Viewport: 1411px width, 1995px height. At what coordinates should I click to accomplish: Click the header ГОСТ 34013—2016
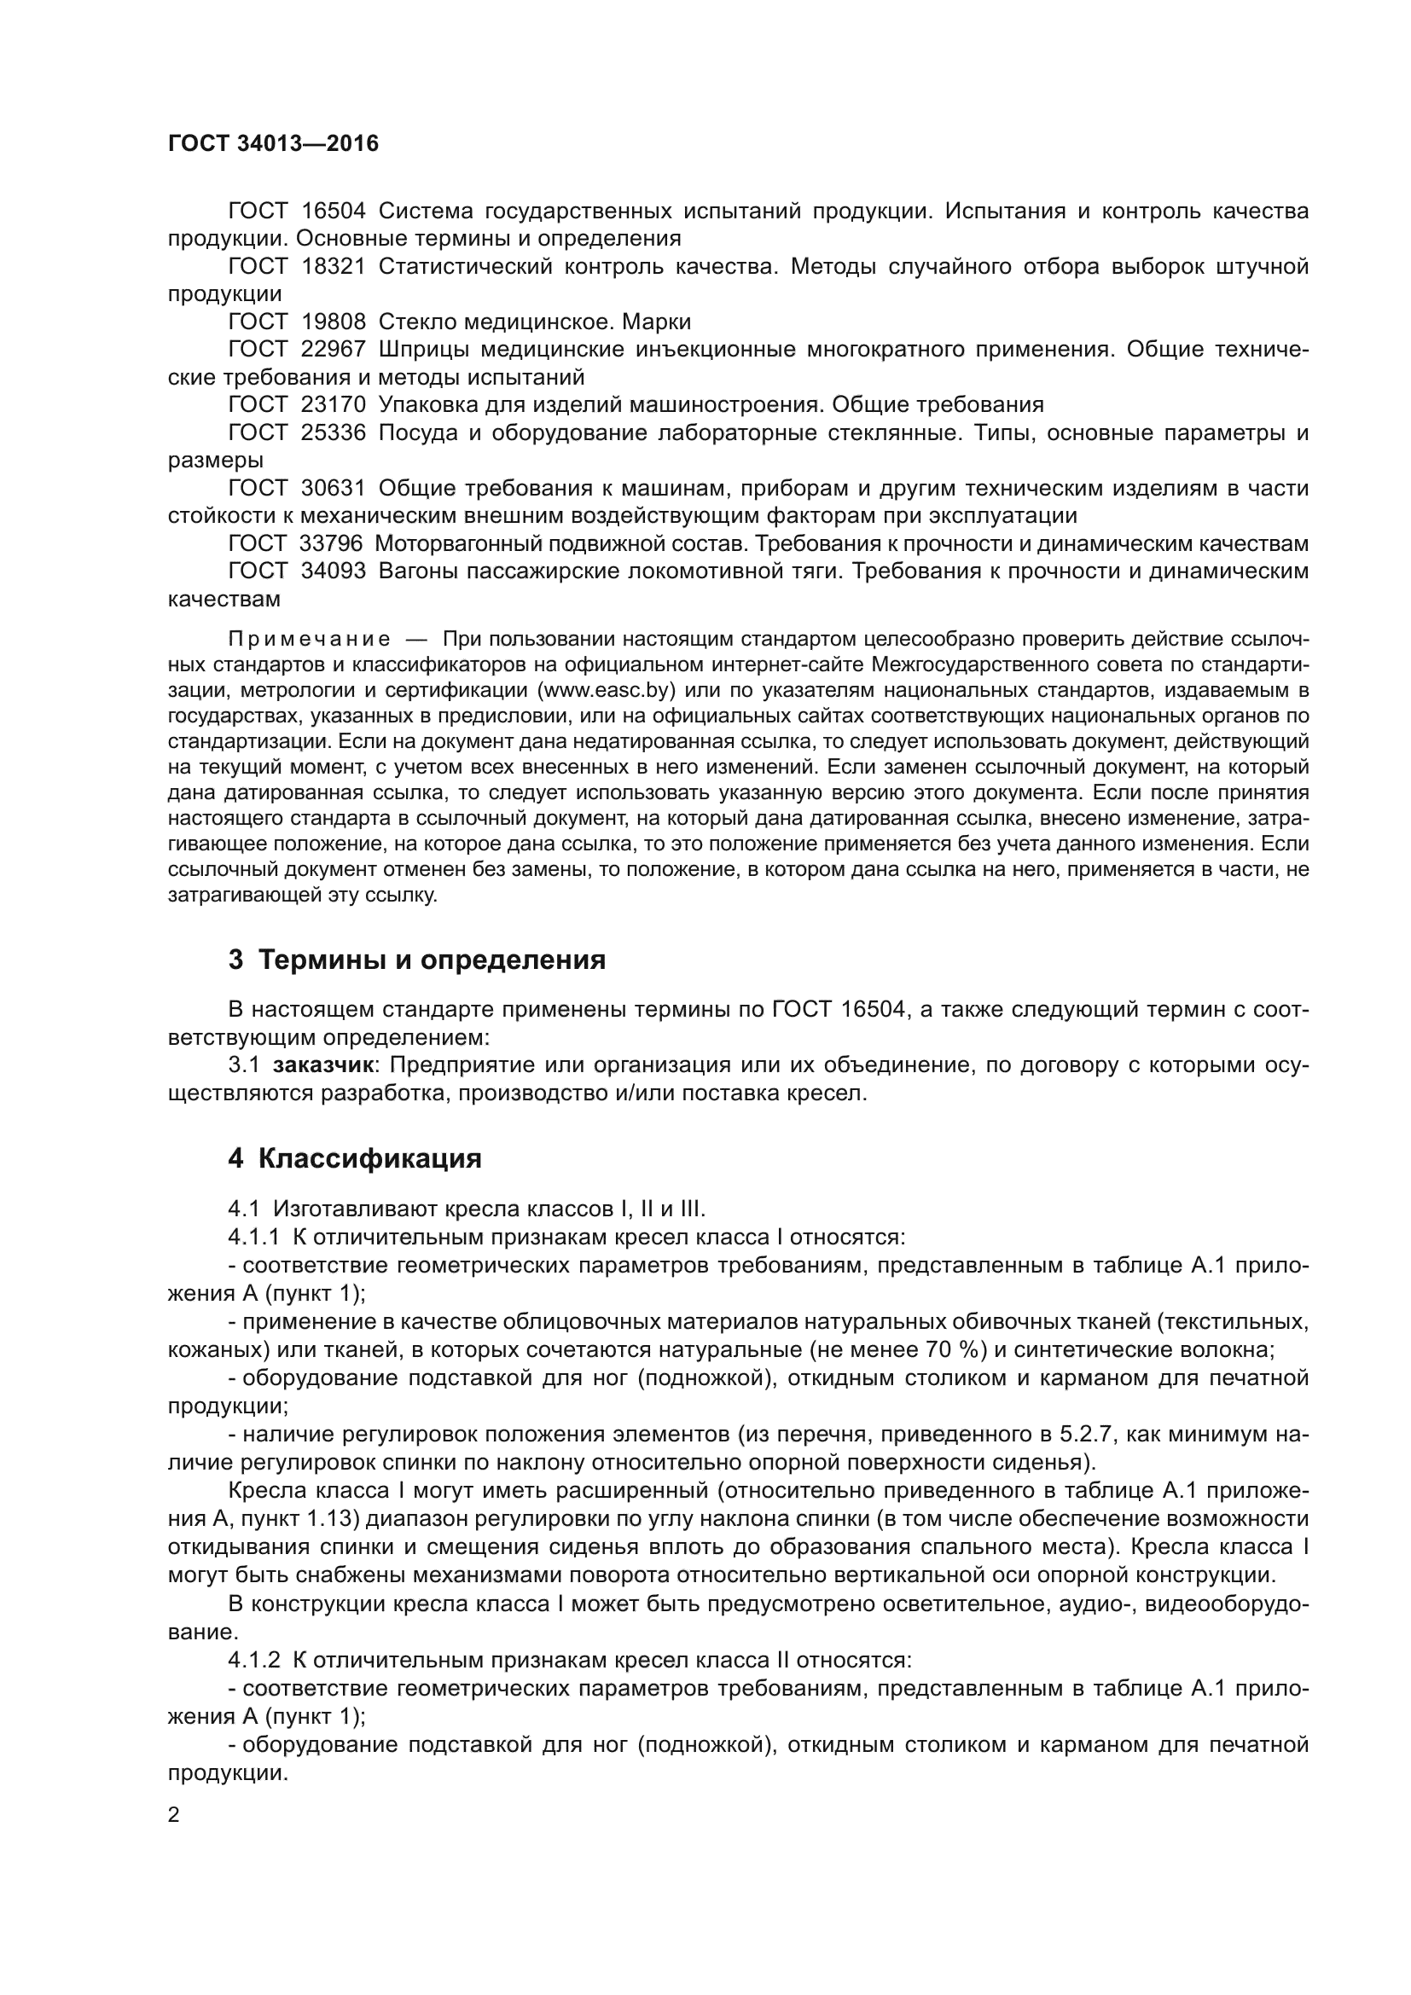tap(273, 143)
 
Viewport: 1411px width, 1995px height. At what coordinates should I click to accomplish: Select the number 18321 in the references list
tap(333, 267)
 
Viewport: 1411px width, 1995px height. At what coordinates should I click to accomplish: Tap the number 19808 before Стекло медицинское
tap(333, 322)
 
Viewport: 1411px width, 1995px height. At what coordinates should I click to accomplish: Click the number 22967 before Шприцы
tap(333, 351)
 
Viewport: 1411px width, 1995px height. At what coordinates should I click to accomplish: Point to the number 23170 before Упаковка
tap(333, 405)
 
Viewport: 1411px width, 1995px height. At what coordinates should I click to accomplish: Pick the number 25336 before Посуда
tap(333, 432)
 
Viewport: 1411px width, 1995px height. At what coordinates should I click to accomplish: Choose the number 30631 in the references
tap(333, 489)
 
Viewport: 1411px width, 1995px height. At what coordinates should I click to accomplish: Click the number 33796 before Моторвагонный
tap(330, 544)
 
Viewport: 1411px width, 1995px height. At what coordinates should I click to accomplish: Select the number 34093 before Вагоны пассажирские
tap(333, 571)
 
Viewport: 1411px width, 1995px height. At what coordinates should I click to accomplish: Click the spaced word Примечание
tap(309, 641)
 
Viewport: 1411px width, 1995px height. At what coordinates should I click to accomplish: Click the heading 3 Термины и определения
tap(417, 960)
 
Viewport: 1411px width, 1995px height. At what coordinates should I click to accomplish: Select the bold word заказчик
tap(324, 1066)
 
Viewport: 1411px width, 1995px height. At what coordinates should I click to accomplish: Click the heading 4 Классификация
tap(355, 1159)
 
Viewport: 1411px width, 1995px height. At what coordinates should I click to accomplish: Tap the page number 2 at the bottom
tap(174, 1816)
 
